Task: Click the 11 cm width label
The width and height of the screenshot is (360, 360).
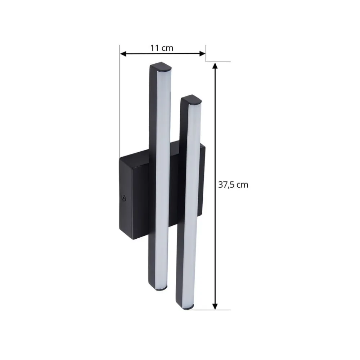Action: coord(162,48)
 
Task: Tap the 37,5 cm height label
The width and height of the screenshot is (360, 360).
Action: coord(233,185)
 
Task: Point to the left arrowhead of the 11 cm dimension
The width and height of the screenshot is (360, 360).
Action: coord(122,54)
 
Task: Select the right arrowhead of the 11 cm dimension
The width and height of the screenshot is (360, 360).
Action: coord(202,54)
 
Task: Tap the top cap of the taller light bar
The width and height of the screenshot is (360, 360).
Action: coord(160,67)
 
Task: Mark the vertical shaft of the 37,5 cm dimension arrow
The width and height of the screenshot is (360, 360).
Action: coord(215,144)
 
